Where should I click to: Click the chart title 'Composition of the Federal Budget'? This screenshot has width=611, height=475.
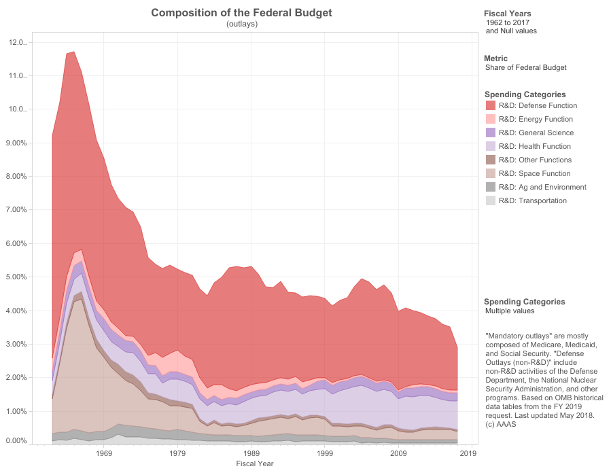tap(241, 13)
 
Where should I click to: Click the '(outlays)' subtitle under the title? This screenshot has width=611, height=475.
tap(242, 24)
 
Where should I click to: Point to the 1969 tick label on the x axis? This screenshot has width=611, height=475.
tap(104, 453)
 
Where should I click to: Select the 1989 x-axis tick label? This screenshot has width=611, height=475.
tap(251, 453)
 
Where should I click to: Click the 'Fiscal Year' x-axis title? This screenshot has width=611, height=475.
tap(255, 463)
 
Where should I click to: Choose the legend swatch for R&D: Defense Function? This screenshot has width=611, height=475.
tap(491, 106)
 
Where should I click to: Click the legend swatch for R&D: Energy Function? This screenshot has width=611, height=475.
tap(491, 120)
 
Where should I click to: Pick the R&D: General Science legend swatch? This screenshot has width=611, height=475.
tap(491, 133)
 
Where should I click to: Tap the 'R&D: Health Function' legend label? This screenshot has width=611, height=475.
tap(534, 147)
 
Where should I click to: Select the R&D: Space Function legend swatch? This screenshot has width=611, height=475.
tap(491, 174)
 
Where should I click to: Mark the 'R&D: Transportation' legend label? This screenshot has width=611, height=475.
tap(532, 201)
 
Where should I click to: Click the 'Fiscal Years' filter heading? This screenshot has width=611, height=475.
tap(508, 14)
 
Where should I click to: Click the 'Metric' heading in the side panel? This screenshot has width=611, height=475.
tap(495, 58)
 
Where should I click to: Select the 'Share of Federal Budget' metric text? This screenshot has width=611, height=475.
tap(525, 68)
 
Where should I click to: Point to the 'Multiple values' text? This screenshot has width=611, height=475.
tap(510, 311)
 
